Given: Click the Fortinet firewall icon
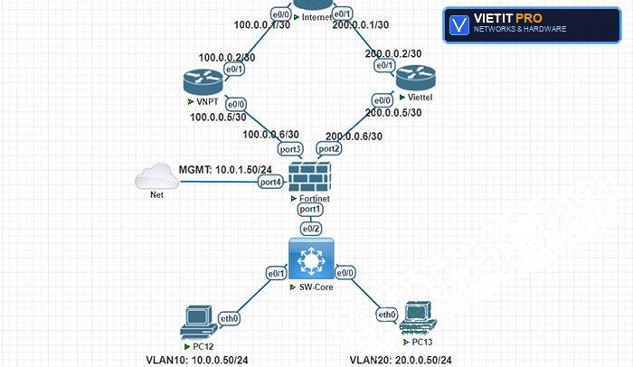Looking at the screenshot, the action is (x=310, y=177).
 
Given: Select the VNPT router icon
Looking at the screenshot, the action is (x=203, y=81).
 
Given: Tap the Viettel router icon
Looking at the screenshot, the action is (x=415, y=78).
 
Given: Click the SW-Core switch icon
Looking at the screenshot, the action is (x=311, y=259).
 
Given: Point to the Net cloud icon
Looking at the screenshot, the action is (x=156, y=176).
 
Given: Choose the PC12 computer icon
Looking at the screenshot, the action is (x=198, y=322).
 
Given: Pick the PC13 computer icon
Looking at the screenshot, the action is (x=418, y=318).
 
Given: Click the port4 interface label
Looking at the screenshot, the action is (x=270, y=182).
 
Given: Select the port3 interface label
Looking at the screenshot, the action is (x=290, y=149).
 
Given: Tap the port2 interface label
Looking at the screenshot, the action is (x=329, y=148).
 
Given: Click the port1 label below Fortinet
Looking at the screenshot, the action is (x=310, y=209).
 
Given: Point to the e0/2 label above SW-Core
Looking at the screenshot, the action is (x=311, y=229).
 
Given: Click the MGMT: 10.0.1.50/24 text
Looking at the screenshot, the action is (x=225, y=170).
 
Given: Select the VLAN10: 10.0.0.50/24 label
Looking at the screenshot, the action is (x=197, y=360).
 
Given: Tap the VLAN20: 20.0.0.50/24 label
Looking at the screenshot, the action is (x=401, y=360).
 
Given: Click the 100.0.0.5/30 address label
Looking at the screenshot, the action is (x=218, y=118).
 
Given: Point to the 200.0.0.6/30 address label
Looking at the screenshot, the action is (x=354, y=136).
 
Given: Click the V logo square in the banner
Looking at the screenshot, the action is (x=459, y=24).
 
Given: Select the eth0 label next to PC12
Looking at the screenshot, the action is (x=229, y=318).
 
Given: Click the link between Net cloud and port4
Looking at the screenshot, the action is (x=219, y=182).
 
